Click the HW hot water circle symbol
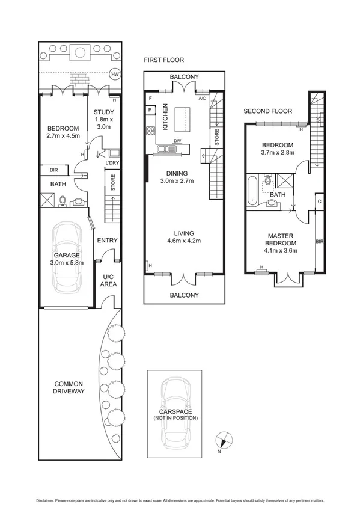114,75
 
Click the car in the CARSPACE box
175,414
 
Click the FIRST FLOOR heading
163,60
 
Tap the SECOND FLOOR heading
267,111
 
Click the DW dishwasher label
177,141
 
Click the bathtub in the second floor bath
251,190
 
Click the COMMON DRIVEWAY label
69,387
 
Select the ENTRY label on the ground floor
108,241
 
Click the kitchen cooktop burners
148,132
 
